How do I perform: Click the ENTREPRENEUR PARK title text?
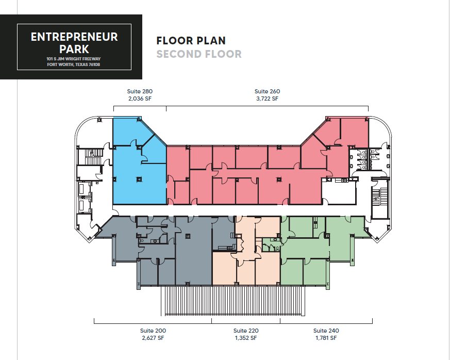74,43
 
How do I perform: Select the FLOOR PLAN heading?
191,41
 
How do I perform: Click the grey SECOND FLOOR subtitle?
199,54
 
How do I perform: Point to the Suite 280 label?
140,91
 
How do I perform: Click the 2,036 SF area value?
140,99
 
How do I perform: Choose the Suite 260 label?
267,91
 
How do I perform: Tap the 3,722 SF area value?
267,99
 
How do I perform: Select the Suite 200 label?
153,331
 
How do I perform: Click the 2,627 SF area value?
153,338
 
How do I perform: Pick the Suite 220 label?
246,331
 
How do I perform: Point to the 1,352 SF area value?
246,338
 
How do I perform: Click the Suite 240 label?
326,331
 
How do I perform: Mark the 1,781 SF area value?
326,338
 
